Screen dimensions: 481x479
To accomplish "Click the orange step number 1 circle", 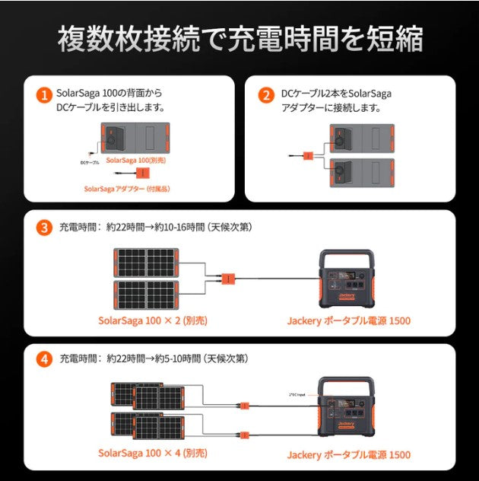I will pyautogui.click(x=45, y=95).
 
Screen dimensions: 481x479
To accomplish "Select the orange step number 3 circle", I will pyautogui.click(x=45, y=227).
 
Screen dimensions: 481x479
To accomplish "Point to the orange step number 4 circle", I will pyautogui.click(x=45, y=358).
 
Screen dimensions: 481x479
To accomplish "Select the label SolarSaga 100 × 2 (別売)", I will pyautogui.click(x=152, y=320).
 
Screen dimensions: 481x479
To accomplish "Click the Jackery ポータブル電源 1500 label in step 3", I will pyautogui.click(x=349, y=320).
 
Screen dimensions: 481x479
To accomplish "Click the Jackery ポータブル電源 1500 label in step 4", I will pyautogui.click(x=349, y=454).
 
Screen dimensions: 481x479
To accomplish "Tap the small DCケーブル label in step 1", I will pyautogui.click(x=89, y=162).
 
